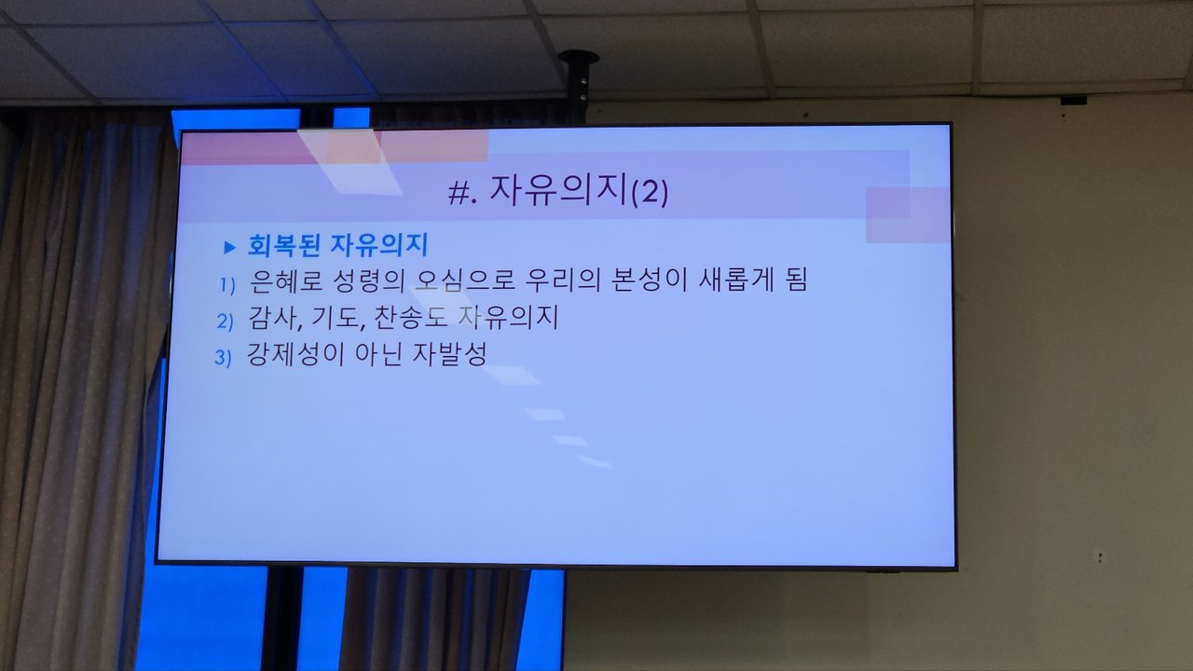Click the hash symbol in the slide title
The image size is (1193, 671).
tap(459, 193)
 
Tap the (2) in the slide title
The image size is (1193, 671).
tap(650, 192)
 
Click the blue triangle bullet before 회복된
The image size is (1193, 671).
tap(229, 247)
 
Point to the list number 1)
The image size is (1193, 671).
tap(227, 285)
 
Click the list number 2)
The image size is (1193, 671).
tap(225, 322)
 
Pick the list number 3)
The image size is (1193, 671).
tap(223, 357)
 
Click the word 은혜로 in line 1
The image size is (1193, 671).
tap(285, 281)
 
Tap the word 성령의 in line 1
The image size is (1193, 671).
tap(368, 281)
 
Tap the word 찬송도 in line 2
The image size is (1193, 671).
tap(410, 317)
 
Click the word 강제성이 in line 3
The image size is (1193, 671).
tap(295, 354)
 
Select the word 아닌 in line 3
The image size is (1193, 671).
tap(377, 354)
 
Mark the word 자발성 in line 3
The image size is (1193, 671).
tap(449, 354)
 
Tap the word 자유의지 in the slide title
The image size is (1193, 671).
tap(557, 191)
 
